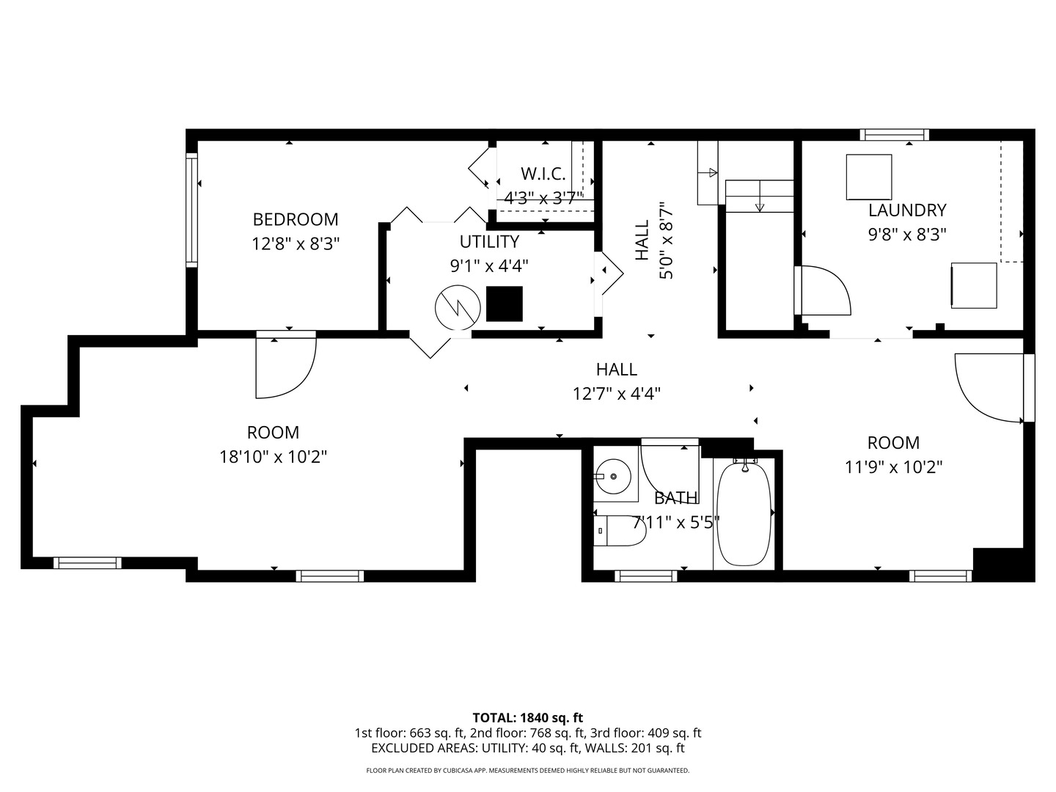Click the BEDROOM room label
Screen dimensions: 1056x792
[x=296, y=219]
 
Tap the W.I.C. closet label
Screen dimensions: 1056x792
[x=543, y=174]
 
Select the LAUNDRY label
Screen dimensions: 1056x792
[x=907, y=210]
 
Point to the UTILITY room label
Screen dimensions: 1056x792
[x=489, y=241]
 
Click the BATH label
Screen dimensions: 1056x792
[x=676, y=498]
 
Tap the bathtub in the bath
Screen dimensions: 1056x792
[x=744, y=513]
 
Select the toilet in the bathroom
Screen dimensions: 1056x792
[x=619, y=531]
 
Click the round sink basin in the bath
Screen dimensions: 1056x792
[x=613, y=476]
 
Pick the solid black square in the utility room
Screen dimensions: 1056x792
[x=505, y=304]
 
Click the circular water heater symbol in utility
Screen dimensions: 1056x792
[x=458, y=308]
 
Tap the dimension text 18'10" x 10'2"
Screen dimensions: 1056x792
[x=273, y=456]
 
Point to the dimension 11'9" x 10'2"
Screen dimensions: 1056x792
[x=893, y=466]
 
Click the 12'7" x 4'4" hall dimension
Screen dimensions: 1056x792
[x=616, y=394]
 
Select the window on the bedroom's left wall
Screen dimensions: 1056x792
[x=191, y=210]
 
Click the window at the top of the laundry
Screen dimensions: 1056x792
[x=895, y=135]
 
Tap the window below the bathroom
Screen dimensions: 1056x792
[x=645, y=576]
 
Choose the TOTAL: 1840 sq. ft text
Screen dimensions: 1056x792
[x=528, y=717]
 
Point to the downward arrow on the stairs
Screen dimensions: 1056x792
[x=760, y=197]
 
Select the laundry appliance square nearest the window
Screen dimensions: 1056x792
[x=869, y=177]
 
